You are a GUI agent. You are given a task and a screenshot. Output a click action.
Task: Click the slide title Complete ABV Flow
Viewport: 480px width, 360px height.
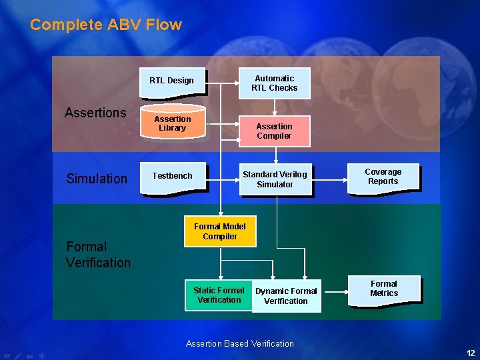coord(106,25)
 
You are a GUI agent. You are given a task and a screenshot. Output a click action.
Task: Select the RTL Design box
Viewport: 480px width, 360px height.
coord(171,81)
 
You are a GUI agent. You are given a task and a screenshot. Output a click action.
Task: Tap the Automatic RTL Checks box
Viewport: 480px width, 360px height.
coord(274,83)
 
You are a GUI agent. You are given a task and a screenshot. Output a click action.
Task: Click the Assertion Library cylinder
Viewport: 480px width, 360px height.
coord(172,123)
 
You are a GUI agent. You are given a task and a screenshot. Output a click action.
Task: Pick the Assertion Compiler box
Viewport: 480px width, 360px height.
coord(274,131)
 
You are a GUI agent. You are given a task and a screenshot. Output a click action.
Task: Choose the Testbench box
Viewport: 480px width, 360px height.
coord(172,176)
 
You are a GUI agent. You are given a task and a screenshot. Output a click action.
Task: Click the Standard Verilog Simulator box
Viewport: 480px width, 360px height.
coord(275,179)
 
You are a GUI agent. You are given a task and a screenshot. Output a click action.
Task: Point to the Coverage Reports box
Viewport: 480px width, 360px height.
coord(383,177)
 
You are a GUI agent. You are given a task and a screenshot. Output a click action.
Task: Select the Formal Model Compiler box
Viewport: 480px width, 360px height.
coord(220,231)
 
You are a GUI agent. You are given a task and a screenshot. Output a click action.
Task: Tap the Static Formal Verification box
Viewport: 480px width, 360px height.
coord(219,295)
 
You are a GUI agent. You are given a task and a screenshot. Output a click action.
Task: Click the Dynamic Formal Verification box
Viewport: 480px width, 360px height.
coord(286,296)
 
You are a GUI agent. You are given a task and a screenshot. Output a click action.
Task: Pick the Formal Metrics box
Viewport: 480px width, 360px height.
coord(383,289)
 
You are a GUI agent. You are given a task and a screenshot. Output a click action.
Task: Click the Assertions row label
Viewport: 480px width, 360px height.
coord(95,113)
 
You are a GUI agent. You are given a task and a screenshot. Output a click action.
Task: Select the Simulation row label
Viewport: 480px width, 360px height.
coord(97,179)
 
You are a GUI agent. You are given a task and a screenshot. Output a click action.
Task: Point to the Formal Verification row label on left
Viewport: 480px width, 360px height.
coord(98,255)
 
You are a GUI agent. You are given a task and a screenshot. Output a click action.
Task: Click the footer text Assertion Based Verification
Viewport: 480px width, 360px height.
coord(240,344)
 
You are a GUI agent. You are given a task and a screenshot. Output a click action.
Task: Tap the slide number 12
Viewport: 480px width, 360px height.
coord(471,353)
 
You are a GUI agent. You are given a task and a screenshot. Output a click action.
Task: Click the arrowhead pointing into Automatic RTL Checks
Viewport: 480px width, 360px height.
coord(239,83)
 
